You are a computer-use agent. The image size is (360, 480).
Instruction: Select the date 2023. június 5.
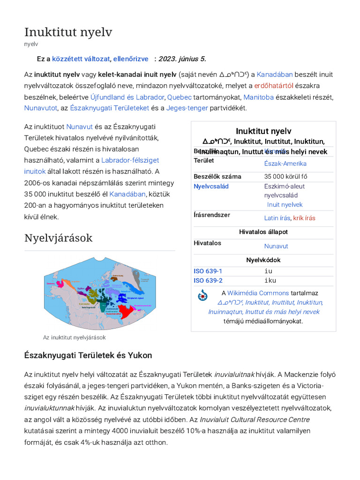click(x=182, y=59)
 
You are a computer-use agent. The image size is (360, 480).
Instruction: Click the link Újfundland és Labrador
click(x=127, y=97)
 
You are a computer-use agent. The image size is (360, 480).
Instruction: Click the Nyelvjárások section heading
click(x=58, y=238)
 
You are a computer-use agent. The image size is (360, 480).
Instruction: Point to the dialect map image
click(x=99, y=293)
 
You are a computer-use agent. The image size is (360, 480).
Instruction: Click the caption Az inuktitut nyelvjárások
click(x=74, y=337)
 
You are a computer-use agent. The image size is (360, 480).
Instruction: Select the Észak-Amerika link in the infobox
click(x=285, y=164)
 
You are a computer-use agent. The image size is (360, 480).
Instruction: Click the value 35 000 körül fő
click(x=285, y=177)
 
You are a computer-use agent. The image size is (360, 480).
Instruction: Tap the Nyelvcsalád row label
click(x=211, y=186)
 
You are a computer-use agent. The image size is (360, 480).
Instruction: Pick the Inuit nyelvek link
click(x=285, y=205)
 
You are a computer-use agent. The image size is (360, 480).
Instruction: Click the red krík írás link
click(x=304, y=218)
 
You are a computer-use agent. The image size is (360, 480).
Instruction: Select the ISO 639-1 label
click(x=208, y=271)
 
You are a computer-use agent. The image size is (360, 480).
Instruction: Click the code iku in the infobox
click(x=270, y=280)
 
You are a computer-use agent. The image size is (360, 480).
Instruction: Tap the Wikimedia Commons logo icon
click(x=202, y=295)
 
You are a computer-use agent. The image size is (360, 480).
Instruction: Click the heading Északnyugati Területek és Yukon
click(x=88, y=355)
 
